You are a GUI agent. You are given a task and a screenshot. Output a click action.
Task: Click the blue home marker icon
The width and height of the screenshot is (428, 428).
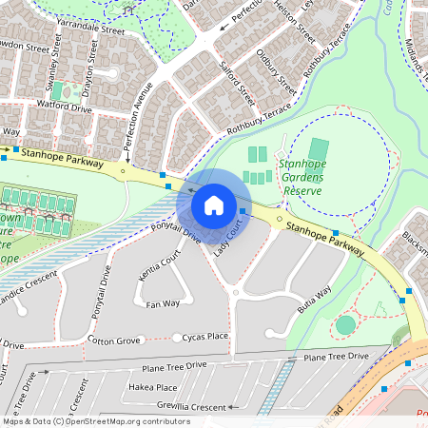click(214, 205)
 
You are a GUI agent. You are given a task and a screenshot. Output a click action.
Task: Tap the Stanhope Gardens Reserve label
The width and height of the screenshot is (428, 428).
click(303, 177)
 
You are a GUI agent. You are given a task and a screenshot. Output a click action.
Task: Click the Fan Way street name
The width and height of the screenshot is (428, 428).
click(163, 303)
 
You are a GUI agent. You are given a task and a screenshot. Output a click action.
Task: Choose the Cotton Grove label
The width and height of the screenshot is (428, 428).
click(114, 340)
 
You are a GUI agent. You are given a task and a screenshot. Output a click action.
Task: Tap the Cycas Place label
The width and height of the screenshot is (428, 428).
click(206, 336)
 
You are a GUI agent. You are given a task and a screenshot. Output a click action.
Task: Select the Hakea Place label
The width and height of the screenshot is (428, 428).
click(153, 387)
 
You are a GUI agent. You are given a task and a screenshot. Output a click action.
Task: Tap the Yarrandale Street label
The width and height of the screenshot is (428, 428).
click(90, 30)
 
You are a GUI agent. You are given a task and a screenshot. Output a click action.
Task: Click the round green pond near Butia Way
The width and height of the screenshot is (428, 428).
click(345, 324)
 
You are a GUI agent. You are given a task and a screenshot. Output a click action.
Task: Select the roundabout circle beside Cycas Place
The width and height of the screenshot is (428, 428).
click(177, 338)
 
